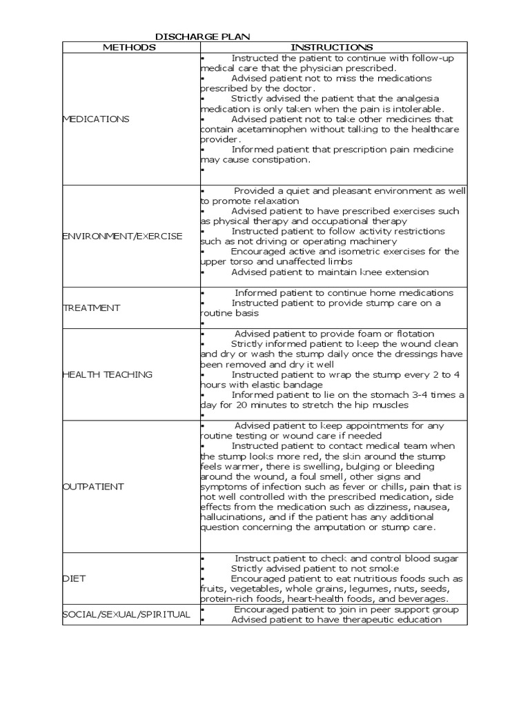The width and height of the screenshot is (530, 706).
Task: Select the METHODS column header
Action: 130,47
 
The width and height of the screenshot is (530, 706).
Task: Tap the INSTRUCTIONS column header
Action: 332,47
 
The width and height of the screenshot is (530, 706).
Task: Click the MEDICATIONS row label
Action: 96,119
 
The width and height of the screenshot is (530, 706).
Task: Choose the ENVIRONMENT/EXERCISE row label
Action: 123,236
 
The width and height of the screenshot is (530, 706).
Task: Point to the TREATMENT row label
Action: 91,307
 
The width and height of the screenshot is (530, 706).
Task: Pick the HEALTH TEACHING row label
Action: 108,374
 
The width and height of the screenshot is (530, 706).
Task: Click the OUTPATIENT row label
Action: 93,486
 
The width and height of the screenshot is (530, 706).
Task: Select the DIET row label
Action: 74,578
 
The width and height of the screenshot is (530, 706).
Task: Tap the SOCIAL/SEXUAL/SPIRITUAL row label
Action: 126,614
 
